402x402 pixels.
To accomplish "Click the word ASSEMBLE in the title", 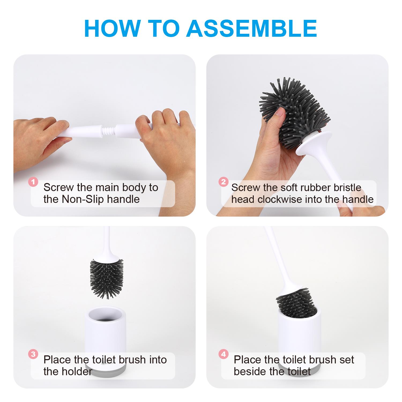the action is click(x=252, y=28).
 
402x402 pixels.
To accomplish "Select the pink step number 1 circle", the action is click(x=33, y=182).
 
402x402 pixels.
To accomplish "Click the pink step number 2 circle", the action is click(x=223, y=182).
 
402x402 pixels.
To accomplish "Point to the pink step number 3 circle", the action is click(x=33, y=355).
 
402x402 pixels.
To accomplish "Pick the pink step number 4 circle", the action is click(x=223, y=355).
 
